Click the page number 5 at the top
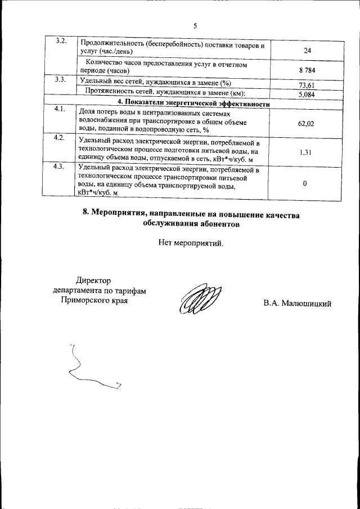tap(195, 26)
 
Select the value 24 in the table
tap(307, 51)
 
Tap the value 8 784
tap(307, 70)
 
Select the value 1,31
tap(307, 152)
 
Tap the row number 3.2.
tap(61, 42)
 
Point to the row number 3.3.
tap(61, 80)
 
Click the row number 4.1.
tap(61, 109)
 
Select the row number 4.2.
tap(61, 138)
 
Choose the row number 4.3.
tap(61, 167)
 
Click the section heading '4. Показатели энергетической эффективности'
tap(193, 103)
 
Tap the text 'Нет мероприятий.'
tap(191, 244)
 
